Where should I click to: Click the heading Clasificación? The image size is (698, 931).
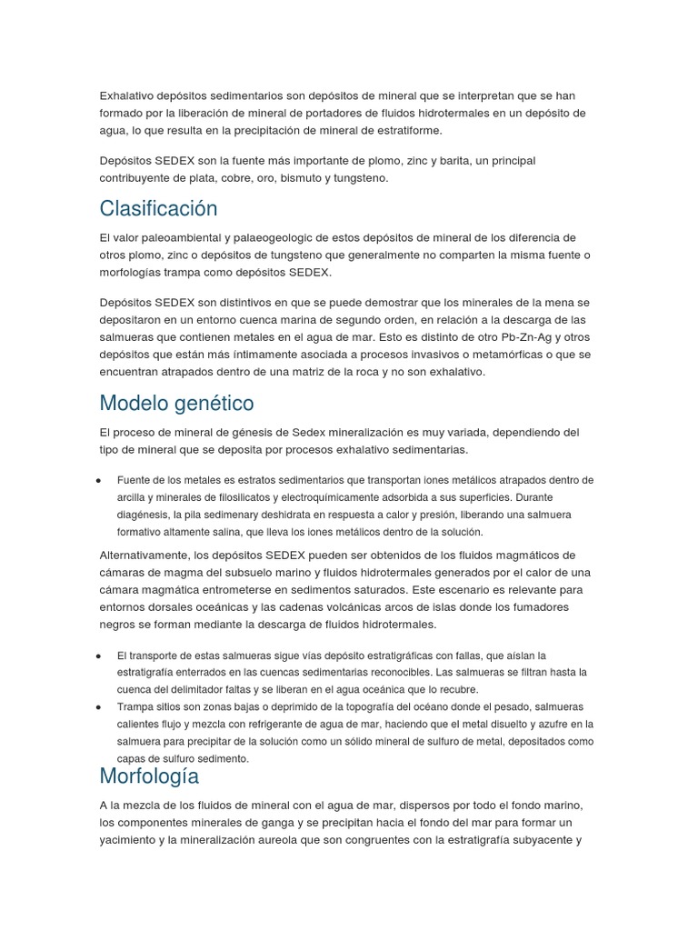159,208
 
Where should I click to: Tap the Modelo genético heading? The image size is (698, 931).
176,403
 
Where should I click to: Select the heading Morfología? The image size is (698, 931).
149,776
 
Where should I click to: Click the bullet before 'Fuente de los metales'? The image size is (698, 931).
97,480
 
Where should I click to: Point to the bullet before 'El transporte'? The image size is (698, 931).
97,656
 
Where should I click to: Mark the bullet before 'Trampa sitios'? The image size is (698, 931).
97,707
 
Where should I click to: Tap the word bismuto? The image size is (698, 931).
307,178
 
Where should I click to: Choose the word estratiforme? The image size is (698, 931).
401,130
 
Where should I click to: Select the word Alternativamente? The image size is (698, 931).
149,556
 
